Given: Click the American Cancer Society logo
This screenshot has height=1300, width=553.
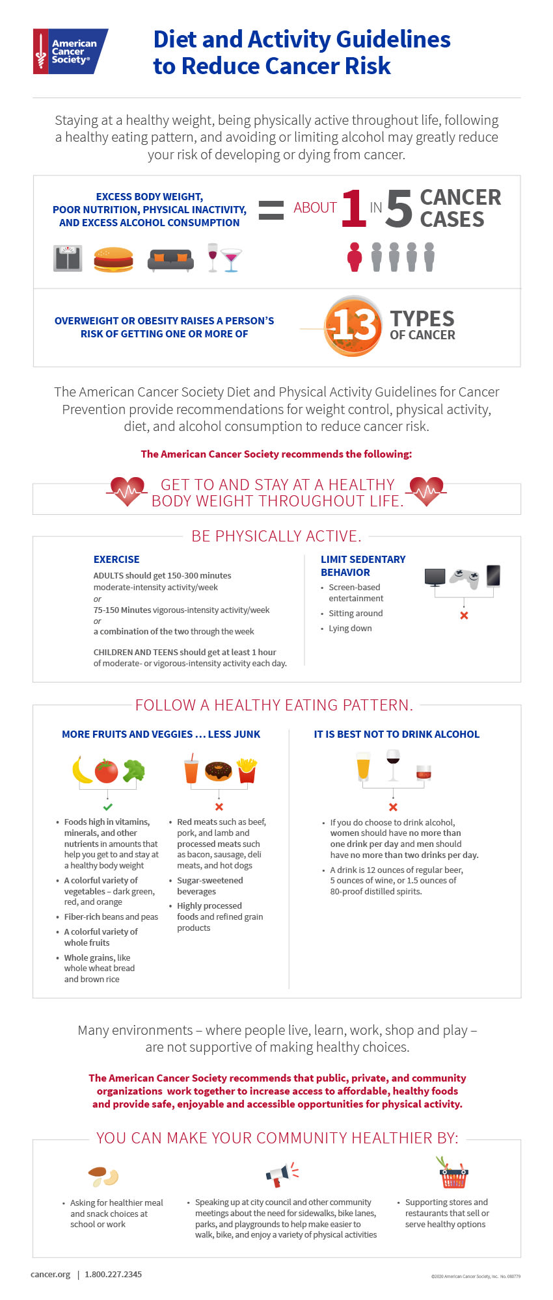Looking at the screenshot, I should pos(70,51).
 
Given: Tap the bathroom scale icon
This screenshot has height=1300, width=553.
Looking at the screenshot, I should pos(68,258).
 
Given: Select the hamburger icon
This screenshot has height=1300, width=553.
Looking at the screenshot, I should pos(113,259).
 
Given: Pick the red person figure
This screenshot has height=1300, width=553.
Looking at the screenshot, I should pos(355,257).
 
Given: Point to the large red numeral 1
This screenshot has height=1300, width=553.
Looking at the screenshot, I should pos(353,209).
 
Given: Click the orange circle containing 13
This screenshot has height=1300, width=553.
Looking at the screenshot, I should pos(353,326).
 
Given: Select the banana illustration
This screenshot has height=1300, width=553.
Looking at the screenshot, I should pos(81,770).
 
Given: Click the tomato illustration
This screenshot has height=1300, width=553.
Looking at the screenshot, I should pos(107,771).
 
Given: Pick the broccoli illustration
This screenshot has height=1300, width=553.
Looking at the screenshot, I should pos(134,770).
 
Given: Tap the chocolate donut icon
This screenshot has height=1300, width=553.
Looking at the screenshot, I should pos(219,771).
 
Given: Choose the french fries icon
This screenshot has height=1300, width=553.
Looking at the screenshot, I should pos(247,770).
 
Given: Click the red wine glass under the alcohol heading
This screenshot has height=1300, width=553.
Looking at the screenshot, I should pos(393,764).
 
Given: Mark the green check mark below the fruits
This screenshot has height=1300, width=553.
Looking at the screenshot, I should pos(107,807).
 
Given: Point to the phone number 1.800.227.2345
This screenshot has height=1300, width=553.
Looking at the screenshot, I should pos(113,1274).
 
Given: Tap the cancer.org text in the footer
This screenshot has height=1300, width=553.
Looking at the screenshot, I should pos(50,1274).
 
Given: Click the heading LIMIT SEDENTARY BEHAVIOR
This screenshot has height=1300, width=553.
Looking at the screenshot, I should pos(362,565).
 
